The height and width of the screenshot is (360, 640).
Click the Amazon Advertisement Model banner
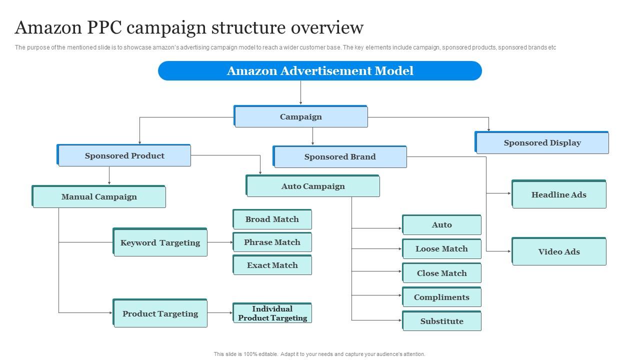tap(320, 71)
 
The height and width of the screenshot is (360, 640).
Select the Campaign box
tap(300, 116)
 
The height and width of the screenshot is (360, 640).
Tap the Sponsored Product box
tap(124, 155)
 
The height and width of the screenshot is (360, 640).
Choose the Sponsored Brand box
tap(339, 156)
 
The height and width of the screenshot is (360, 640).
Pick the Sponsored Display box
tap(542, 142)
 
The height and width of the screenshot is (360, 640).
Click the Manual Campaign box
tap(99, 196)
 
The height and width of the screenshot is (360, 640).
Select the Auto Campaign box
tap(313, 186)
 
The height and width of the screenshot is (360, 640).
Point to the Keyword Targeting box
tap(160, 242)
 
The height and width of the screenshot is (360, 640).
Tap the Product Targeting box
tap(160, 313)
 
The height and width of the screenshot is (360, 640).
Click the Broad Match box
tap(272, 219)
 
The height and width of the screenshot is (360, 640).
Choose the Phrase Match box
tap(272, 242)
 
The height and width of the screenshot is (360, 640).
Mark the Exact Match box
tap(272, 265)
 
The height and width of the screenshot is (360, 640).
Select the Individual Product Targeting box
tap(272, 313)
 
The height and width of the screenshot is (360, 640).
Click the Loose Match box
tap(441, 248)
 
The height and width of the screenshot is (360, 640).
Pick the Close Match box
tap(441, 273)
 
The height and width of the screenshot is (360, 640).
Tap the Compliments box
tap(441, 297)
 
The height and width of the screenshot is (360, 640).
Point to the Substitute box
tap(441, 321)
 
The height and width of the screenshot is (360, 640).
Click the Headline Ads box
tap(558, 194)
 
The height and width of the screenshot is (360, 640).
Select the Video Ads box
tap(558, 251)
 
